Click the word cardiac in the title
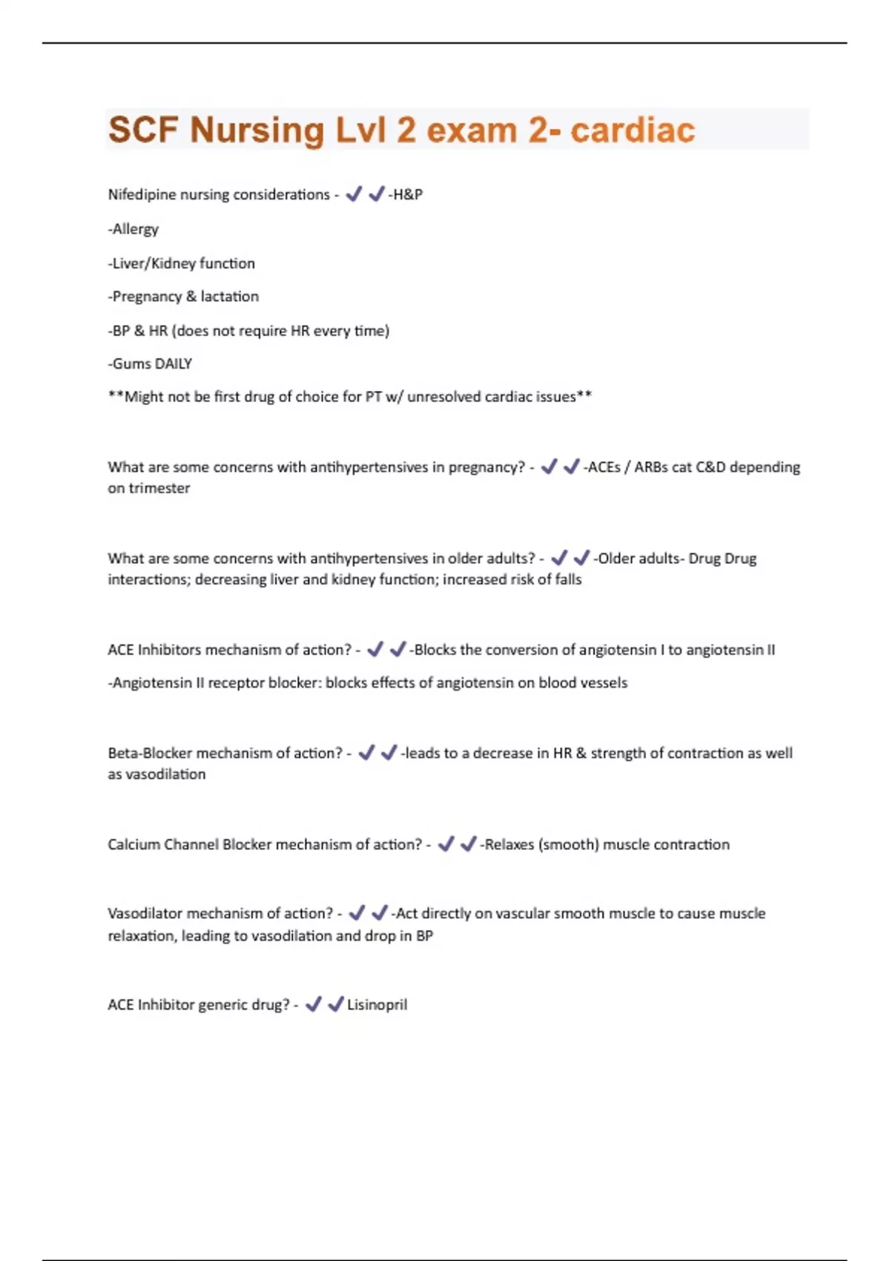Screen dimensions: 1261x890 (x=633, y=131)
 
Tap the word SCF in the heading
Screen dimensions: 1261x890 (x=143, y=131)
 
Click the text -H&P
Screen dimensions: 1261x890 (x=406, y=194)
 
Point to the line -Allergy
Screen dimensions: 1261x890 (x=133, y=229)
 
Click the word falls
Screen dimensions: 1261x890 (x=568, y=579)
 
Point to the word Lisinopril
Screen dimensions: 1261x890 (x=378, y=1005)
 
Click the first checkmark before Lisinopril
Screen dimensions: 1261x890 (x=314, y=1004)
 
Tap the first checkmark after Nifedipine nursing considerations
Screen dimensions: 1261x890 (x=354, y=194)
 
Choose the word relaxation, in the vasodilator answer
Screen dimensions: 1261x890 (x=142, y=936)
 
